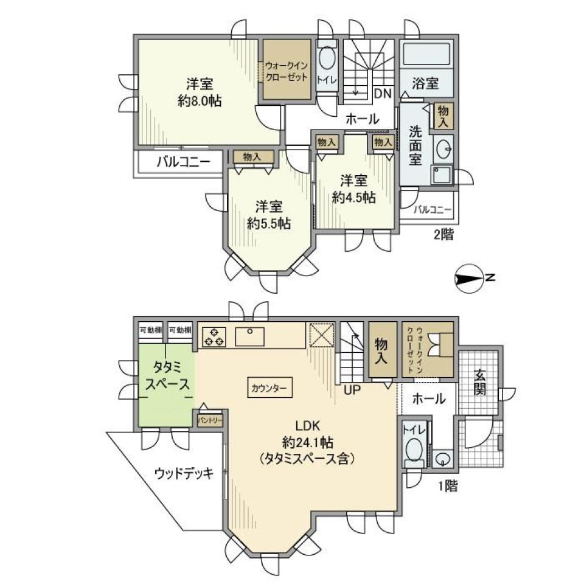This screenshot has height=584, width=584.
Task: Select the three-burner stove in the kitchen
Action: tap(214, 336)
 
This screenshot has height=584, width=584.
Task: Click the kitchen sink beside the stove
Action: tap(249, 336)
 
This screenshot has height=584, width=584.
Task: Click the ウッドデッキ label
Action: tap(183, 473)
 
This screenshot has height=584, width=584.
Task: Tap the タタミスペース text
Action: tap(166, 376)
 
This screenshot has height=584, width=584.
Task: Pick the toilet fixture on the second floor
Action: tap(327, 60)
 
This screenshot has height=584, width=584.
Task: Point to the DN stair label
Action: tap(382, 94)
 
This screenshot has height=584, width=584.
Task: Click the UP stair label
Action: tap(353, 391)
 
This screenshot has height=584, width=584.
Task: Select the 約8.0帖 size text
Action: tap(200, 102)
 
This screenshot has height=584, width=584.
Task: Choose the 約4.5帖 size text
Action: tap(353, 197)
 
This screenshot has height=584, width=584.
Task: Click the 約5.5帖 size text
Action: tap(269, 223)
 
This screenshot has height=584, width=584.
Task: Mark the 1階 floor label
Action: tap(447, 485)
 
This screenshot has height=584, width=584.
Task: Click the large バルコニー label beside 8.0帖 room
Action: tap(182, 162)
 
